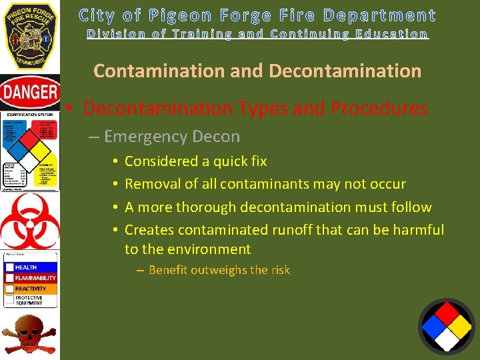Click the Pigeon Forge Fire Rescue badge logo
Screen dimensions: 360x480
click(x=29, y=35)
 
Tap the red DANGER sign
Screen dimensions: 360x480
click(x=29, y=92)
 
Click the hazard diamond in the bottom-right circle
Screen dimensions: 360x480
click(x=447, y=326)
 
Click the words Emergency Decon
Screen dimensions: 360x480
click(x=172, y=137)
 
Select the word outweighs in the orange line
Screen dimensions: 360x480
click(x=213, y=270)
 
